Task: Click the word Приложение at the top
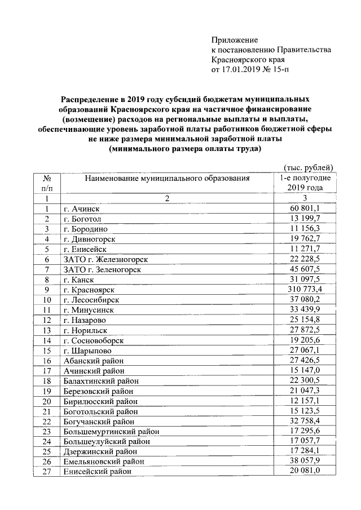pyautogui.click(x=234, y=40)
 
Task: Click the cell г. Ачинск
pyautogui.click(x=81, y=209)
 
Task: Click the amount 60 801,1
pyautogui.click(x=305, y=209)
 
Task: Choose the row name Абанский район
pyautogui.click(x=93, y=361)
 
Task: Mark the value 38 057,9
pyautogui.click(x=305, y=461)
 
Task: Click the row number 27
pyautogui.click(x=47, y=472)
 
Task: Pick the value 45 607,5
pyautogui.click(x=305, y=269)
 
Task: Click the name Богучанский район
pyautogui.click(x=99, y=422)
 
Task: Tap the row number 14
pyautogui.click(x=47, y=340)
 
